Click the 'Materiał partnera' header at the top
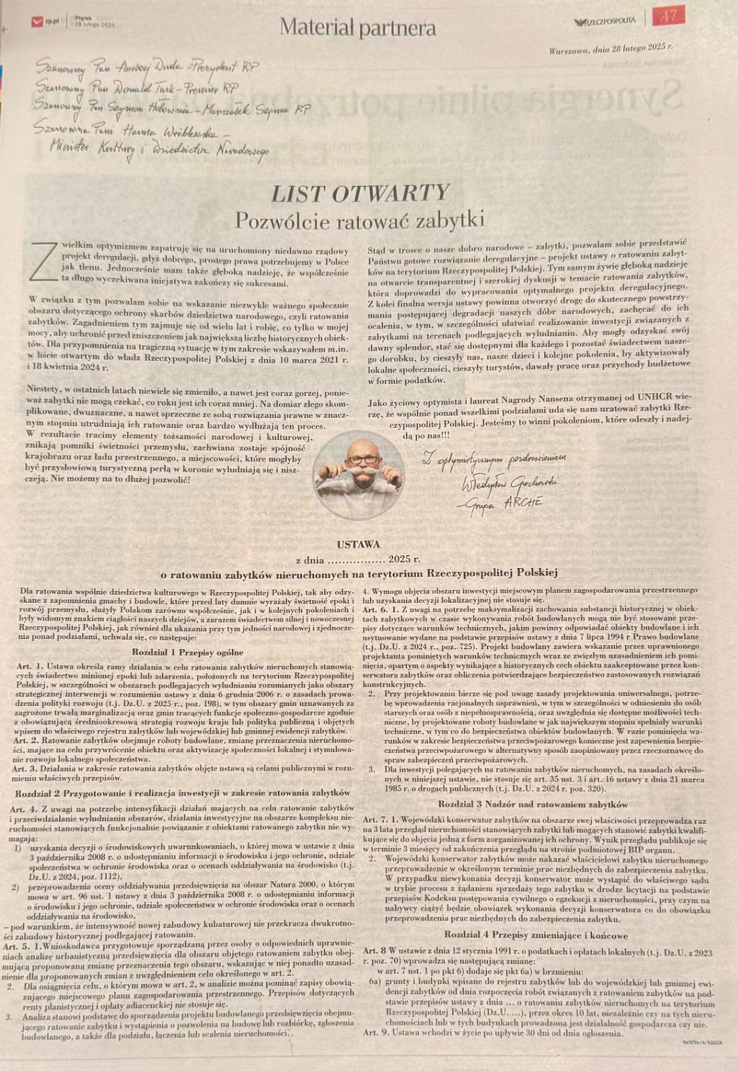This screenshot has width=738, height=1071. (358, 27)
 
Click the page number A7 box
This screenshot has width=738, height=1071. (668, 17)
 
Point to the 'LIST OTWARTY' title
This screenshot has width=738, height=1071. (360, 194)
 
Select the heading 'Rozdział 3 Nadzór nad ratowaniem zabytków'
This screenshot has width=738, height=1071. (532, 803)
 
